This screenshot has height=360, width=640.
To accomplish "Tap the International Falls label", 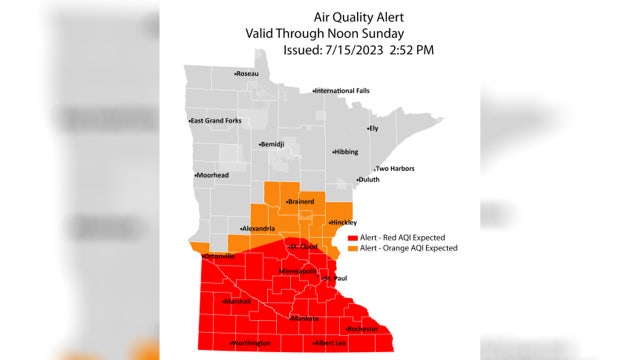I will coord(344,91).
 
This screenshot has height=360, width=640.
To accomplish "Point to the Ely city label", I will coord(374,128).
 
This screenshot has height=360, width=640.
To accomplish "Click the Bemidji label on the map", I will coord(272,144).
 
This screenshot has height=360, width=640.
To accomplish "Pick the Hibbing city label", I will coord(345,152).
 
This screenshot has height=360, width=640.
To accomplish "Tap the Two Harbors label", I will coord(394,169).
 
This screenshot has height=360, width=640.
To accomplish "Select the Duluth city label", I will coord(368,179).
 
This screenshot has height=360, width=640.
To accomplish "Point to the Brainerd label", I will coord(301,202).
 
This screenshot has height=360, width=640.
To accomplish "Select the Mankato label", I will coord(305,318).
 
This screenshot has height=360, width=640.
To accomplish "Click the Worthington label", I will coord(251,343).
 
